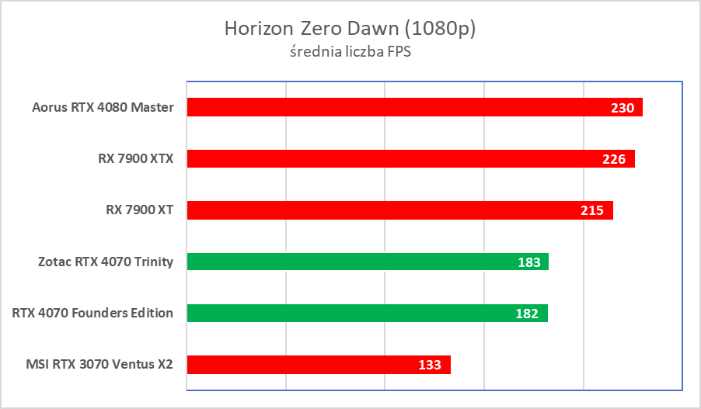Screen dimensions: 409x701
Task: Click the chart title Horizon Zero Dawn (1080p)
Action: (350, 29)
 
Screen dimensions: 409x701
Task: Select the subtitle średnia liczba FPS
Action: (350, 53)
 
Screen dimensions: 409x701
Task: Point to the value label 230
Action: (623, 108)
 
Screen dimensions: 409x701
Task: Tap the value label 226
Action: (615, 159)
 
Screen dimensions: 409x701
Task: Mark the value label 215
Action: (593, 210)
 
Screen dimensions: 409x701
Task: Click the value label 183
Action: (529, 262)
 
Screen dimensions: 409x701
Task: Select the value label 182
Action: (528, 314)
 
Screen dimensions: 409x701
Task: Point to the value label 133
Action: (430, 365)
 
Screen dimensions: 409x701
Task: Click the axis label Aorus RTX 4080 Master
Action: (103, 107)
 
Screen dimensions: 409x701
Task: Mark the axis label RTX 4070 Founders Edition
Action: (92, 313)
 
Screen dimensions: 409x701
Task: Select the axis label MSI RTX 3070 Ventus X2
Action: (100, 365)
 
